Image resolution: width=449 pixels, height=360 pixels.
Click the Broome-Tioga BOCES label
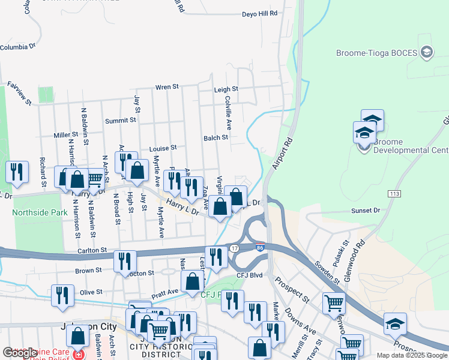382,52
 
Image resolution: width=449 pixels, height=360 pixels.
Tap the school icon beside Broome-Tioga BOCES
427,52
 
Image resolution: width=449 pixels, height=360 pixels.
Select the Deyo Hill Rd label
260,13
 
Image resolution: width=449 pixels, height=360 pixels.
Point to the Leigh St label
226,89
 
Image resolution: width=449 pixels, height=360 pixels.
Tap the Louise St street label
163,148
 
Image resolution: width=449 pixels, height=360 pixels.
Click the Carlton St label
91,250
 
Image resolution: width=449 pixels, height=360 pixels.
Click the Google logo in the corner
20,353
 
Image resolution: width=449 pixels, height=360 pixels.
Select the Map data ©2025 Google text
411,355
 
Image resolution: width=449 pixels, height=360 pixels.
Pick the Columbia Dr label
19,47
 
